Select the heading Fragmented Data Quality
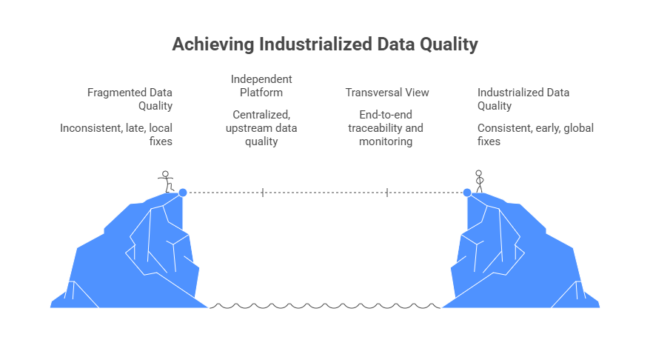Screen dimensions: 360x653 tap(130, 99)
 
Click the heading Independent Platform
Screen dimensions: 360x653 tap(261, 86)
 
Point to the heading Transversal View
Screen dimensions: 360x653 tap(387, 93)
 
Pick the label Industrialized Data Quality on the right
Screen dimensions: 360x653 tap(523, 99)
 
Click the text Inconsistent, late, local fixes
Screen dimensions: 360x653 tap(116, 134)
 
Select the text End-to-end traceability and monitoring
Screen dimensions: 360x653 tap(386, 128)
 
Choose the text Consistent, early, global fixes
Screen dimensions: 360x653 tap(535, 134)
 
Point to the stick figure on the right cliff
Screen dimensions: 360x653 tap(479, 181)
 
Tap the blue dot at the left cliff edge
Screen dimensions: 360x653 tap(182, 193)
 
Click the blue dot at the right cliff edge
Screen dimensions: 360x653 tap(467, 193)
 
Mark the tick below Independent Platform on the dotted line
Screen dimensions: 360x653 tap(263, 193)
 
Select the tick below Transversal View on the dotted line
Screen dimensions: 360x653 tap(387, 193)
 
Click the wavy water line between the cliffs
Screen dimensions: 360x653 tap(326, 305)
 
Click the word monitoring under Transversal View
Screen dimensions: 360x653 tap(386, 141)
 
